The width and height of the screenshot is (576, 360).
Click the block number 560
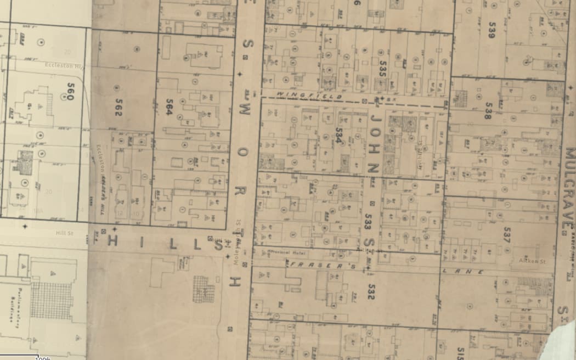coord(70,92)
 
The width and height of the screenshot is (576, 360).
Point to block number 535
coord(383,69)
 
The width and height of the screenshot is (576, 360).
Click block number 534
coord(339,136)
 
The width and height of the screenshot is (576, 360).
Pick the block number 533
coord(368,221)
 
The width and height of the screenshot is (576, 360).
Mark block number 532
coord(371,291)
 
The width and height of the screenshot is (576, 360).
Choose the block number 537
coord(506,234)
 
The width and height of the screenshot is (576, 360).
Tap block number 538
coord(488,110)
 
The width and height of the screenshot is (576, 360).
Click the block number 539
coord(491,29)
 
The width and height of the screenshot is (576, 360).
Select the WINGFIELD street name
coord(309,96)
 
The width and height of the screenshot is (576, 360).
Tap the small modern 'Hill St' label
coord(64,232)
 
